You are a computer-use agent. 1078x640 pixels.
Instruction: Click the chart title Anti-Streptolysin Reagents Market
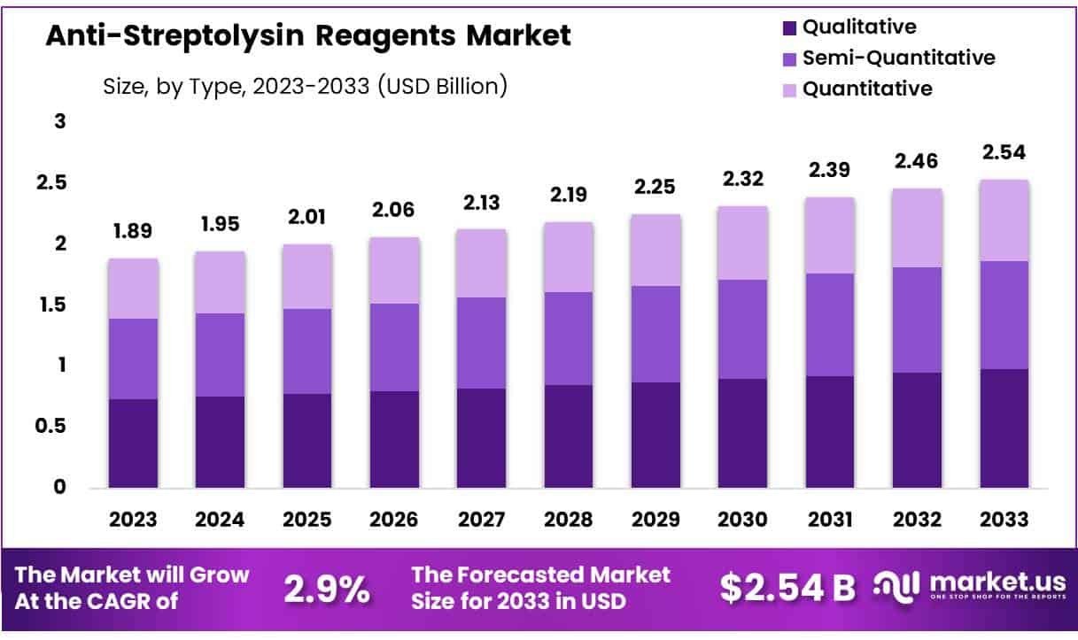pyautogui.click(x=308, y=36)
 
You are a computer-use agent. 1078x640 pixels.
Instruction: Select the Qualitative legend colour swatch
pyautogui.click(x=789, y=28)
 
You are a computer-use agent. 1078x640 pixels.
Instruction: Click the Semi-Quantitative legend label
pyautogui.click(x=898, y=58)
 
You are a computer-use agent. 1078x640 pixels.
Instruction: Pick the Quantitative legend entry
pyautogui.click(x=866, y=89)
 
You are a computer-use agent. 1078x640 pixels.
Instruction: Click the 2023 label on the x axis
pyautogui.click(x=133, y=520)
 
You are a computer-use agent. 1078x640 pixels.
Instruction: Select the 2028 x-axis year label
pyautogui.click(x=569, y=520)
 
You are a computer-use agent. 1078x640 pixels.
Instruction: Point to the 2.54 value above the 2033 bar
pyautogui.click(x=1004, y=152)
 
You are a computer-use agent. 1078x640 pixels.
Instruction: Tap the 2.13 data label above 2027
pyautogui.click(x=482, y=203)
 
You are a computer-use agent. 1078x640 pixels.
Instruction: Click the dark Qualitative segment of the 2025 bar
pyautogui.click(x=307, y=441)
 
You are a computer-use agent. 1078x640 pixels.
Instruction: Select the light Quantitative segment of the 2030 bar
pyautogui.click(x=743, y=243)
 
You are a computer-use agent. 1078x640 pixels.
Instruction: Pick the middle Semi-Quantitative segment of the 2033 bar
pyautogui.click(x=1004, y=314)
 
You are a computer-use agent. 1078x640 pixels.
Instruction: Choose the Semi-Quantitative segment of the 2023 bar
pyautogui.click(x=133, y=359)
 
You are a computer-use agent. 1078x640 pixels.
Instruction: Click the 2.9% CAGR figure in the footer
pyautogui.click(x=327, y=589)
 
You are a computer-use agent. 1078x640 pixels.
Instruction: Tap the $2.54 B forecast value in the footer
pyautogui.click(x=787, y=588)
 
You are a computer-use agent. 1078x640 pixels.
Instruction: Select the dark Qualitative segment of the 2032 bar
pyautogui.click(x=918, y=430)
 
